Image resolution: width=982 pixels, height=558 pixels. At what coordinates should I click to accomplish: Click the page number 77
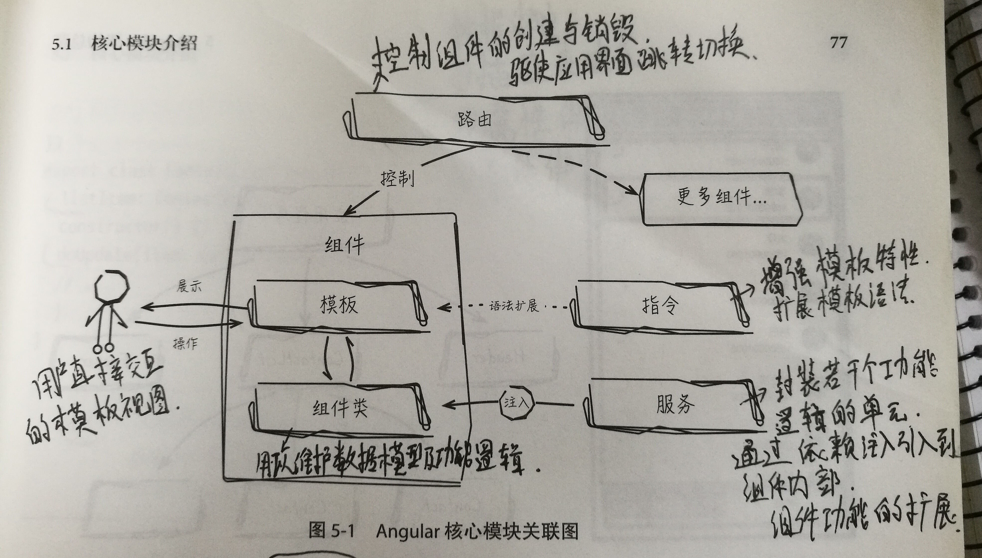(838, 42)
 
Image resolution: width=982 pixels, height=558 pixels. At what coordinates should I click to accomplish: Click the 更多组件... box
(721, 199)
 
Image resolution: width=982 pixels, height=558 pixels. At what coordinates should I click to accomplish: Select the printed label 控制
(397, 178)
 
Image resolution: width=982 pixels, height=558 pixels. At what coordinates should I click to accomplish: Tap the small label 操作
(185, 343)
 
